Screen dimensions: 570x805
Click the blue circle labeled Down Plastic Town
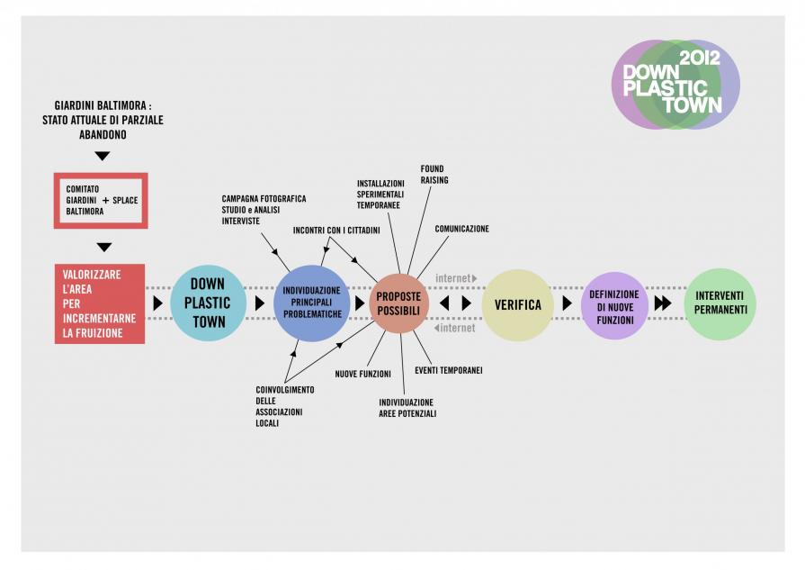[208, 303]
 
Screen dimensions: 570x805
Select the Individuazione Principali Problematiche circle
[312, 303]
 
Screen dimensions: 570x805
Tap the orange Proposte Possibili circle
[398, 303]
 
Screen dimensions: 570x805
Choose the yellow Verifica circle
[517, 304]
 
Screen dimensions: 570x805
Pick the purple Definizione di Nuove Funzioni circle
[613, 307]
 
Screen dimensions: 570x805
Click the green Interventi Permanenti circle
[720, 303]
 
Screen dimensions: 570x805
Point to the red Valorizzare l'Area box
[100, 303]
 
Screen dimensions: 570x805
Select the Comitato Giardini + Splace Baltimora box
[101, 200]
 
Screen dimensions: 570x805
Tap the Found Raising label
[434, 175]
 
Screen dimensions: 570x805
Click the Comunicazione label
[461, 229]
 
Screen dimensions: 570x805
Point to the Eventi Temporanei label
[449, 370]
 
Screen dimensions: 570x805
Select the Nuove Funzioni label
[362, 373]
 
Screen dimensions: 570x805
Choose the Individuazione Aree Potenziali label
[407, 408]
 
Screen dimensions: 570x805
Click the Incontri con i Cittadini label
[336, 231]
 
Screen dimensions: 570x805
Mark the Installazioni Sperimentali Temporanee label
[380, 194]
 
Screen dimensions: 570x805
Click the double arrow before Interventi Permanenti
[662, 303]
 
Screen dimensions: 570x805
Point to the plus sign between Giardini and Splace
[105, 200]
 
